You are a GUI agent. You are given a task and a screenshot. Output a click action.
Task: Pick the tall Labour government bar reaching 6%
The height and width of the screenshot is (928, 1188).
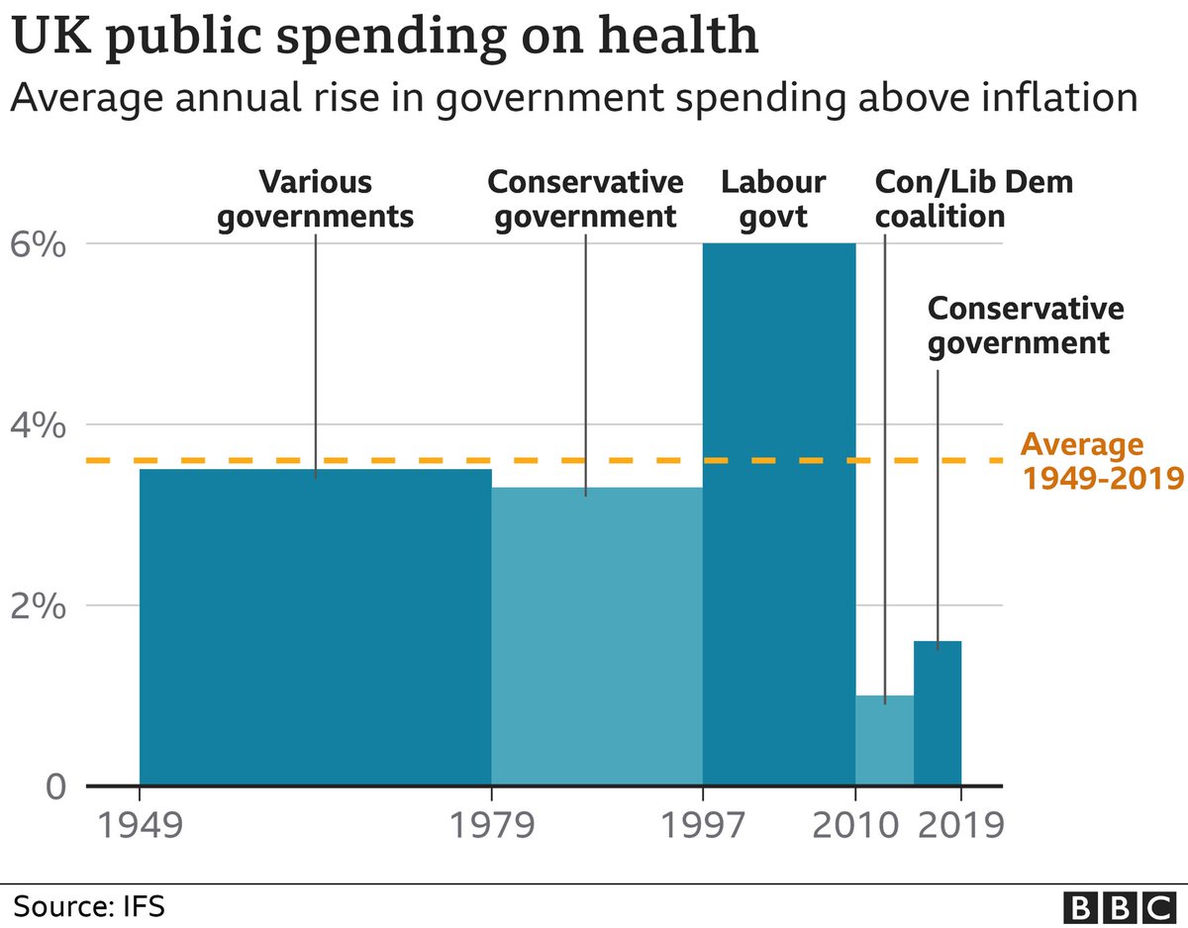778,514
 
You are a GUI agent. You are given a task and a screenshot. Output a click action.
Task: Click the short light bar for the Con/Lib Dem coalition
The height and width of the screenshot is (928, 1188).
884,742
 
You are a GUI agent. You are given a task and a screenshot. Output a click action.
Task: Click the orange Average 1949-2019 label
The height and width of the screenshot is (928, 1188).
1101,462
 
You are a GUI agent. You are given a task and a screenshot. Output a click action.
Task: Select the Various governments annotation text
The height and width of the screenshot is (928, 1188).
315,199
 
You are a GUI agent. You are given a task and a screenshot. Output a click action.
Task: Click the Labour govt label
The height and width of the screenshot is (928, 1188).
773,199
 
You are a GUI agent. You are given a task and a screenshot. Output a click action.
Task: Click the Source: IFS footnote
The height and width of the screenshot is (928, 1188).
89,904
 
